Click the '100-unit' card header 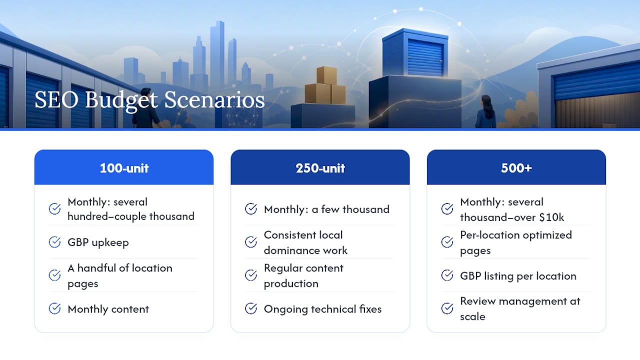(x=124, y=167)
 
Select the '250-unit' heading (x=320, y=168)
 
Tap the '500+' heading (x=516, y=168)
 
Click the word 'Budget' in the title (x=121, y=100)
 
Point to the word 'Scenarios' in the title (x=214, y=100)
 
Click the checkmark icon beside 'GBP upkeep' (x=54, y=242)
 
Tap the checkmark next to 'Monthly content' (x=54, y=308)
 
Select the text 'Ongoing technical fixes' (x=322, y=309)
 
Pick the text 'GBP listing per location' (x=518, y=276)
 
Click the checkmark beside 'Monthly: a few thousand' (x=251, y=209)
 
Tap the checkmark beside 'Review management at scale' (x=447, y=308)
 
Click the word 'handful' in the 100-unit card (x=97, y=268)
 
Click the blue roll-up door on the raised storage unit (x=425, y=57)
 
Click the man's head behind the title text (x=146, y=93)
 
